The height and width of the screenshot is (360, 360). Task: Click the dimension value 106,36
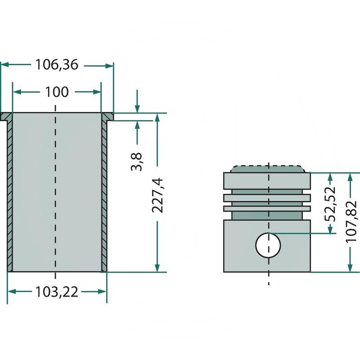click(x=57, y=65)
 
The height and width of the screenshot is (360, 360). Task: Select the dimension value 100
click(x=57, y=92)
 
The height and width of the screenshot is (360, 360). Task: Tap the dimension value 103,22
click(x=57, y=292)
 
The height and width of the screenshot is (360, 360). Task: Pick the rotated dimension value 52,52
click(x=331, y=203)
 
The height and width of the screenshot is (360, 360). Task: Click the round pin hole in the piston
click(x=268, y=245)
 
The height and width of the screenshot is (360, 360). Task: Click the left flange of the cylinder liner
click(x=6, y=117)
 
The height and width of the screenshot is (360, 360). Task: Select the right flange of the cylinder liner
click(x=108, y=117)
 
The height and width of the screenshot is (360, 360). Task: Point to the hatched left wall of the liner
click(x=9, y=198)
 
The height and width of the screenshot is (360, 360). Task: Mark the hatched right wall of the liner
click(x=104, y=198)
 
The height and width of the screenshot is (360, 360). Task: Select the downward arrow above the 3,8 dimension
click(x=137, y=108)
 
